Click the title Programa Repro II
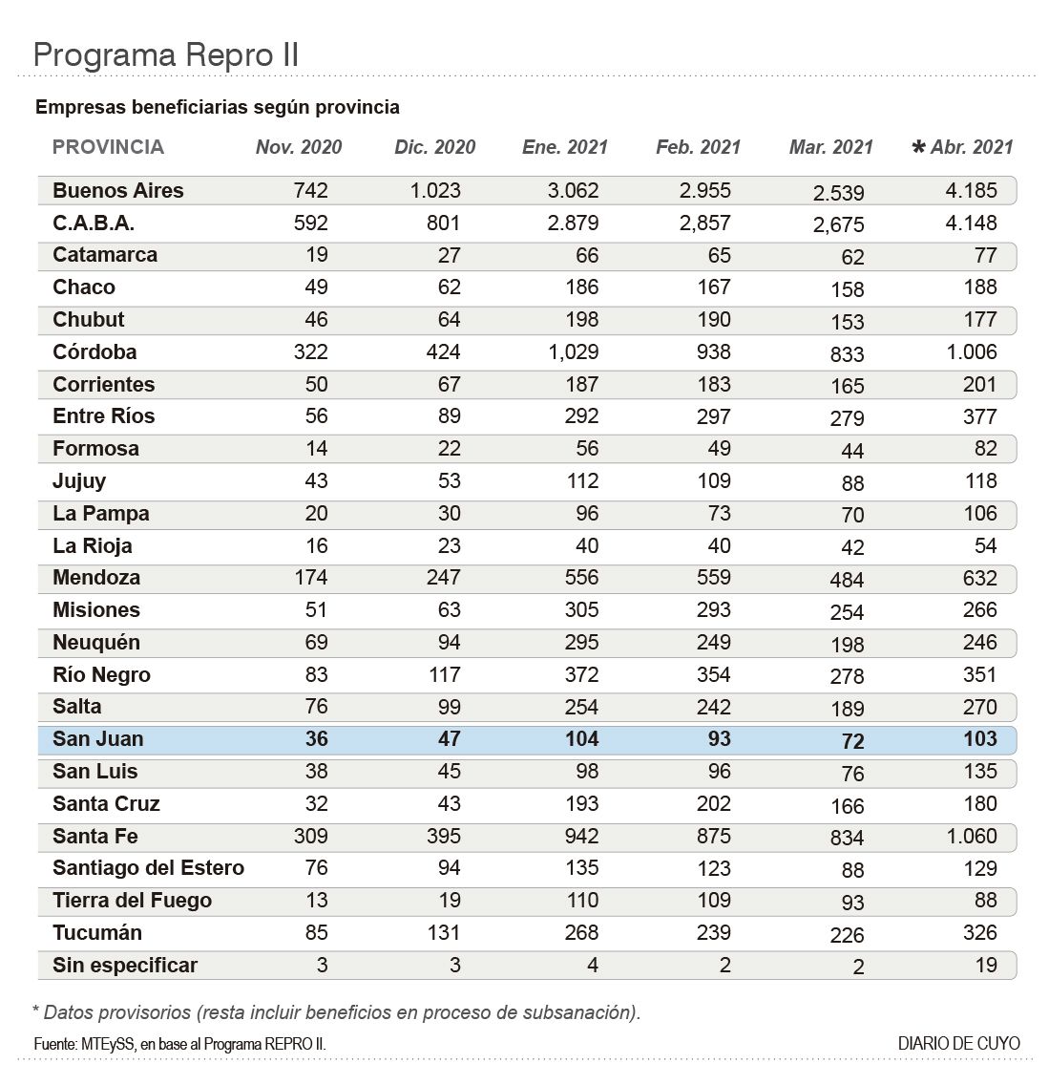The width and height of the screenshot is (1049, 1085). point(166,54)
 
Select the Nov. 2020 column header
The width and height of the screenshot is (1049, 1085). point(298,147)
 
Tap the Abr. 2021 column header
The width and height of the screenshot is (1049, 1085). point(972,147)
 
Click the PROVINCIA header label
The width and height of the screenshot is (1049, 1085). point(108,147)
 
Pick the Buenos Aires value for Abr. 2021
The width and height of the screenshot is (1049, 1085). point(971,190)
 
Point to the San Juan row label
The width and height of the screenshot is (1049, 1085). point(98,739)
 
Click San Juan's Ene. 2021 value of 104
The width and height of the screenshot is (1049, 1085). point(575,739)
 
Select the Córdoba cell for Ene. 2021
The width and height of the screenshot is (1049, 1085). point(573,351)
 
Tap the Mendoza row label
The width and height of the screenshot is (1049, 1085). point(96,578)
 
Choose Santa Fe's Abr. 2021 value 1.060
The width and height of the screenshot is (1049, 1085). point(971,837)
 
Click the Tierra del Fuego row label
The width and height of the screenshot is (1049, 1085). point(132,901)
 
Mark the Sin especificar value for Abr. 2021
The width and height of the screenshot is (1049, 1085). point(985,966)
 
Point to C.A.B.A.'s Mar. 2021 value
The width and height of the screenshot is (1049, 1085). point(839,225)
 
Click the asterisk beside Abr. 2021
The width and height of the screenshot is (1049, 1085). point(918,147)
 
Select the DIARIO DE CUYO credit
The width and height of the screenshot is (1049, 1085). point(958,1043)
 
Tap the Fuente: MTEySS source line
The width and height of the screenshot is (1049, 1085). point(179,1044)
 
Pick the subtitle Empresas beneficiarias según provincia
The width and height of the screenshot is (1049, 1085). point(218,107)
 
